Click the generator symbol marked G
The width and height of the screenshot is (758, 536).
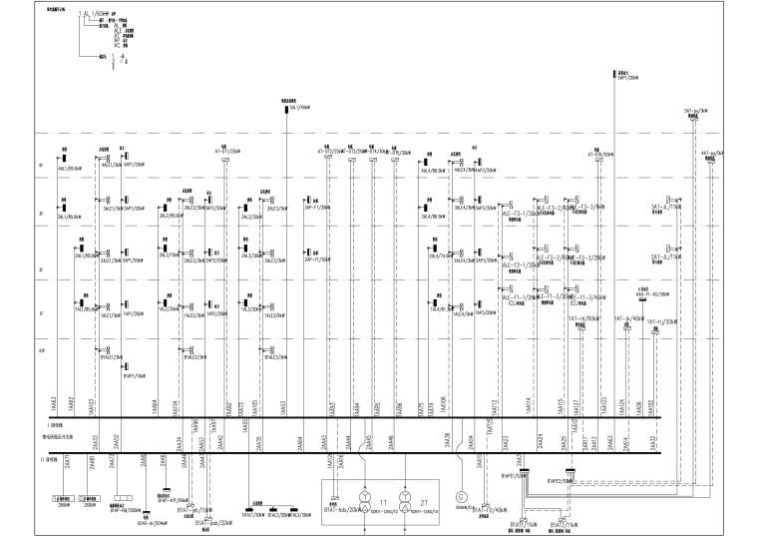click(460, 496)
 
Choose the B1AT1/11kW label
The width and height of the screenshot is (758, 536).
click(525, 523)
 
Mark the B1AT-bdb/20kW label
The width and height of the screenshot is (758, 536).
click(342, 508)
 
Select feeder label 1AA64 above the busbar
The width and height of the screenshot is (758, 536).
click(155, 405)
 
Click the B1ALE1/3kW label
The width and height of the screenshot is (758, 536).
click(111, 356)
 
